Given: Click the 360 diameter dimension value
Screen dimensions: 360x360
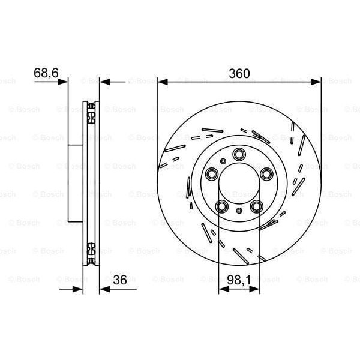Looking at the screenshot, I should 239,73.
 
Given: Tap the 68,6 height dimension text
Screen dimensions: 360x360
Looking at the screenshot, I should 46,73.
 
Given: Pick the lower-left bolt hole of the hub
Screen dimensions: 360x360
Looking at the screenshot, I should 223,206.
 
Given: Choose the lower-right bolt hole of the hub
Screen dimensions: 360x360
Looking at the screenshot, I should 256,206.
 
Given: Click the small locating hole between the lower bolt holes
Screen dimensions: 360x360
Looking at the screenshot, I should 239,211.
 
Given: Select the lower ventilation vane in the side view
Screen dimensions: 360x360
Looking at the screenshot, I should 91,247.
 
